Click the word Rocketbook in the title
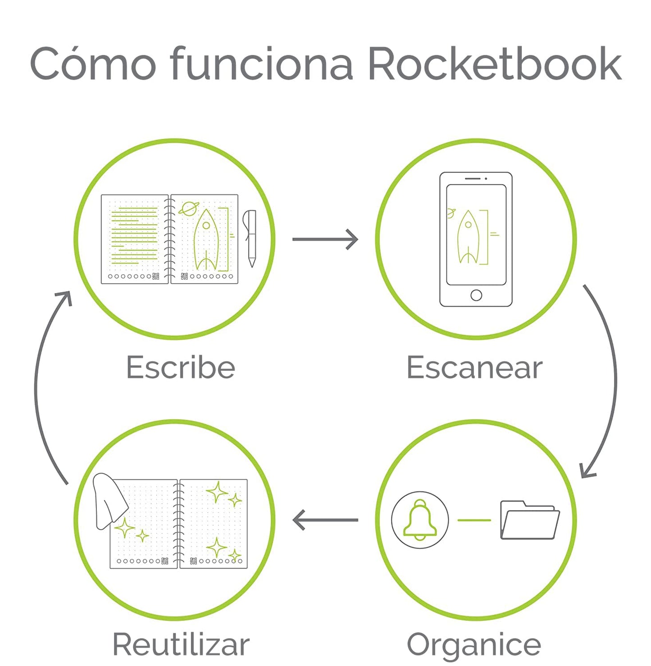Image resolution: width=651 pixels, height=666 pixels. pos(495,64)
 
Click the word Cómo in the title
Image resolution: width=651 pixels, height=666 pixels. pos(93,63)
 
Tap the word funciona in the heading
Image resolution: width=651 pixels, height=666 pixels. pos(262,63)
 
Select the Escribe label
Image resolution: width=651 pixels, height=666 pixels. pos(181,367)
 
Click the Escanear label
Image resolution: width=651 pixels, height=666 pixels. pos(475,367)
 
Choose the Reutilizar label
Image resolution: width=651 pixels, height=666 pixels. pos(181,644)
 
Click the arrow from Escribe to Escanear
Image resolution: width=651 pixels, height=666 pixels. pos(325,239)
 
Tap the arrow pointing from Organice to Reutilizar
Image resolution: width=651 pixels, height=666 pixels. pos(325,520)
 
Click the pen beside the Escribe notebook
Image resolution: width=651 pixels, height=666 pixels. pos(250,238)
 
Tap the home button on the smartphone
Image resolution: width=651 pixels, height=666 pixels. pos(476,295)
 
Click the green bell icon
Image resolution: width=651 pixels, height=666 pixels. pos(420,520)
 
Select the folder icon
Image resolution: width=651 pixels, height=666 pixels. pos(530,520)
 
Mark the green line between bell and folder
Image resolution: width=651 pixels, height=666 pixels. pos(474,520)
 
